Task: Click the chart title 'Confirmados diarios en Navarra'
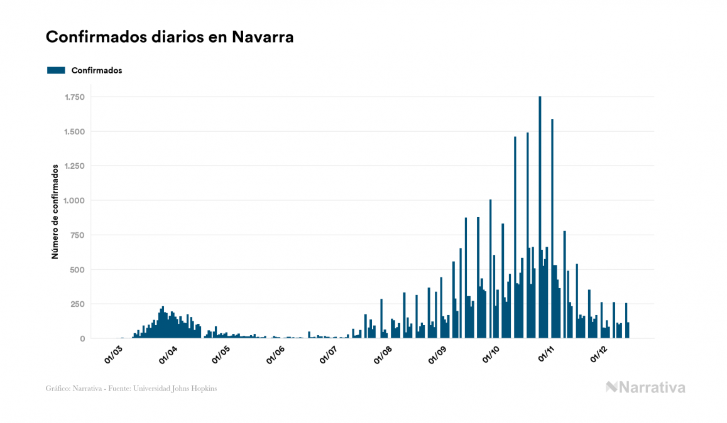[x=170, y=37]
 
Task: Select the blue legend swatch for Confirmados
[x=57, y=70]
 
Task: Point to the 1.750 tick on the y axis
[x=74, y=97]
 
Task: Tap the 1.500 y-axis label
[x=74, y=132]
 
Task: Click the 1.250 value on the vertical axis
[x=74, y=166]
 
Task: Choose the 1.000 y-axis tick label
[x=74, y=201]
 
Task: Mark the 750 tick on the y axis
[x=78, y=235]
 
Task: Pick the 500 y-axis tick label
[x=78, y=270]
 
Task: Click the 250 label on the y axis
[x=78, y=304]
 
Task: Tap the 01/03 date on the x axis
[x=114, y=355]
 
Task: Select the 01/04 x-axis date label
[x=168, y=355]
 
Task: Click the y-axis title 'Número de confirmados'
[x=55, y=212]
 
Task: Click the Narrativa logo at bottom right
[x=645, y=387]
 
